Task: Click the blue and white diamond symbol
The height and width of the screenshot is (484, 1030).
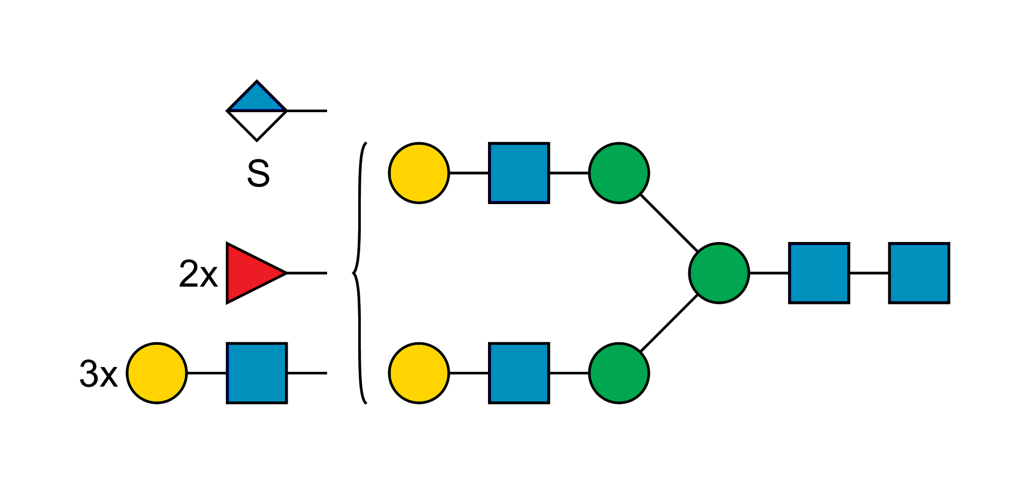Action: click(x=256, y=111)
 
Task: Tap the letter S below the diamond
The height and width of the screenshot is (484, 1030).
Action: click(x=258, y=173)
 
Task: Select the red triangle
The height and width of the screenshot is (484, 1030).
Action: click(x=252, y=273)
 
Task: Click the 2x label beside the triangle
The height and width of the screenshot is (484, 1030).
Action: click(x=198, y=274)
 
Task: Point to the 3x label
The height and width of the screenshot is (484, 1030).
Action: click(x=98, y=373)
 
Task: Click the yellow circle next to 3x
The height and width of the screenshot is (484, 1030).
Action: click(x=157, y=373)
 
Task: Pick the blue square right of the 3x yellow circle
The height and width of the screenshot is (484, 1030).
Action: click(x=257, y=373)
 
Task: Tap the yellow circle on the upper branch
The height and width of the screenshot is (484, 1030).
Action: click(x=419, y=172)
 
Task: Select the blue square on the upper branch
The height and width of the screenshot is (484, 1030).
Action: click(x=519, y=172)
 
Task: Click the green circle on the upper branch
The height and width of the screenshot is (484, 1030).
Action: click(x=619, y=172)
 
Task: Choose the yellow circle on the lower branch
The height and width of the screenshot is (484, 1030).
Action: click(x=419, y=373)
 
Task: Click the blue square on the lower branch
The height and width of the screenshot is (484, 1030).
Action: click(x=519, y=373)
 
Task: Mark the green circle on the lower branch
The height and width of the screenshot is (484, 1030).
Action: click(x=619, y=373)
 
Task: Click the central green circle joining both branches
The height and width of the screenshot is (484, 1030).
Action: click(x=719, y=273)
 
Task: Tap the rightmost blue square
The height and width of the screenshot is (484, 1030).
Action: click(x=919, y=273)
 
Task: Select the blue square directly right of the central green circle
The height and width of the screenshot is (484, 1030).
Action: click(x=819, y=273)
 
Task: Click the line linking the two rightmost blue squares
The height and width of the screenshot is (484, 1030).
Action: click(x=869, y=273)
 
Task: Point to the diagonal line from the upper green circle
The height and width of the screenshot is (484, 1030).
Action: click(x=669, y=222)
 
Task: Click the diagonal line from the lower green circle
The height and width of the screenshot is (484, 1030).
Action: click(x=669, y=323)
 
